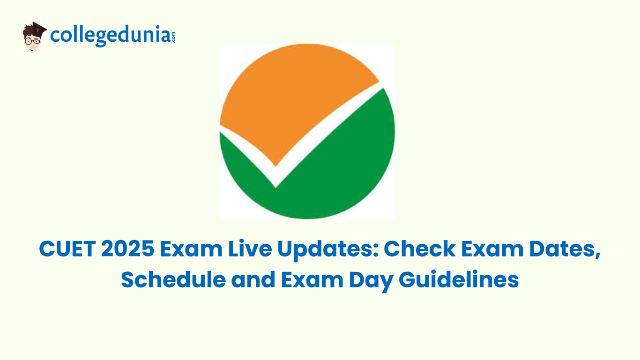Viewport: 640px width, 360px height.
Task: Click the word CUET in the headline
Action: click(x=67, y=249)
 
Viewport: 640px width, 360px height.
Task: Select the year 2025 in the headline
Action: click(x=127, y=249)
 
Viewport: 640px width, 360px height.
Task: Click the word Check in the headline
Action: click(x=420, y=248)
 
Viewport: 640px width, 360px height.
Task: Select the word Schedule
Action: click(x=173, y=279)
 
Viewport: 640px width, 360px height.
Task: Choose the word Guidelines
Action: click(x=459, y=279)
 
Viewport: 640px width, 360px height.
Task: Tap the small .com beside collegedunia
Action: click(x=173, y=37)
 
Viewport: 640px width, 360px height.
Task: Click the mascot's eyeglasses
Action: click(x=33, y=41)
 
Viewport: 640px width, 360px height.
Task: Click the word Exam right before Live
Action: click(x=191, y=249)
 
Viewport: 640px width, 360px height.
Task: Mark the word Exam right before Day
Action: click(x=313, y=279)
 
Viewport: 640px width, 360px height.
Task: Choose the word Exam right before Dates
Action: click(x=492, y=249)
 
